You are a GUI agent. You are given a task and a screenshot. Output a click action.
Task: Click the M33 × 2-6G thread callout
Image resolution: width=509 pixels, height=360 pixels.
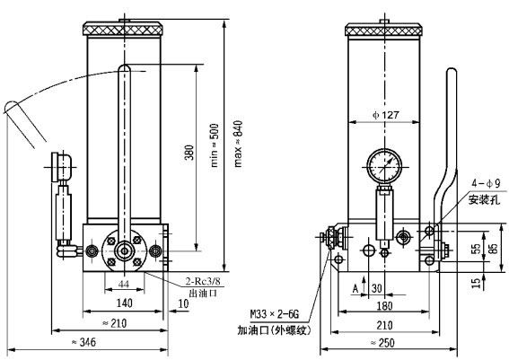(278, 314)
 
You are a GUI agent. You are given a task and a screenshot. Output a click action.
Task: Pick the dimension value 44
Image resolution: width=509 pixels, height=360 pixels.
(123, 285)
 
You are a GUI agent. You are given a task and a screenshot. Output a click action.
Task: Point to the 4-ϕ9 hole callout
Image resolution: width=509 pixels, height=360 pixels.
(480, 183)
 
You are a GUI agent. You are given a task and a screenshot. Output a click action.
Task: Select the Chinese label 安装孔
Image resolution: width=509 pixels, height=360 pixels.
(481, 198)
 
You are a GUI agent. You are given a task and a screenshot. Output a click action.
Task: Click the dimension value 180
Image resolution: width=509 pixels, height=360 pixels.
(383, 304)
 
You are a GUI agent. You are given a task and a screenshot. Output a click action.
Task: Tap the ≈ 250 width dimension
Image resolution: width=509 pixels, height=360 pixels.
(386, 343)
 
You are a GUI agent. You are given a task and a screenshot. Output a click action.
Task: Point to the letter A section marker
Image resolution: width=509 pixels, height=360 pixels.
(355, 288)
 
